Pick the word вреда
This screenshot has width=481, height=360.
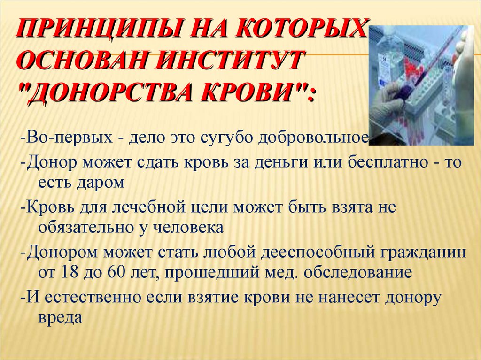[59, 317]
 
